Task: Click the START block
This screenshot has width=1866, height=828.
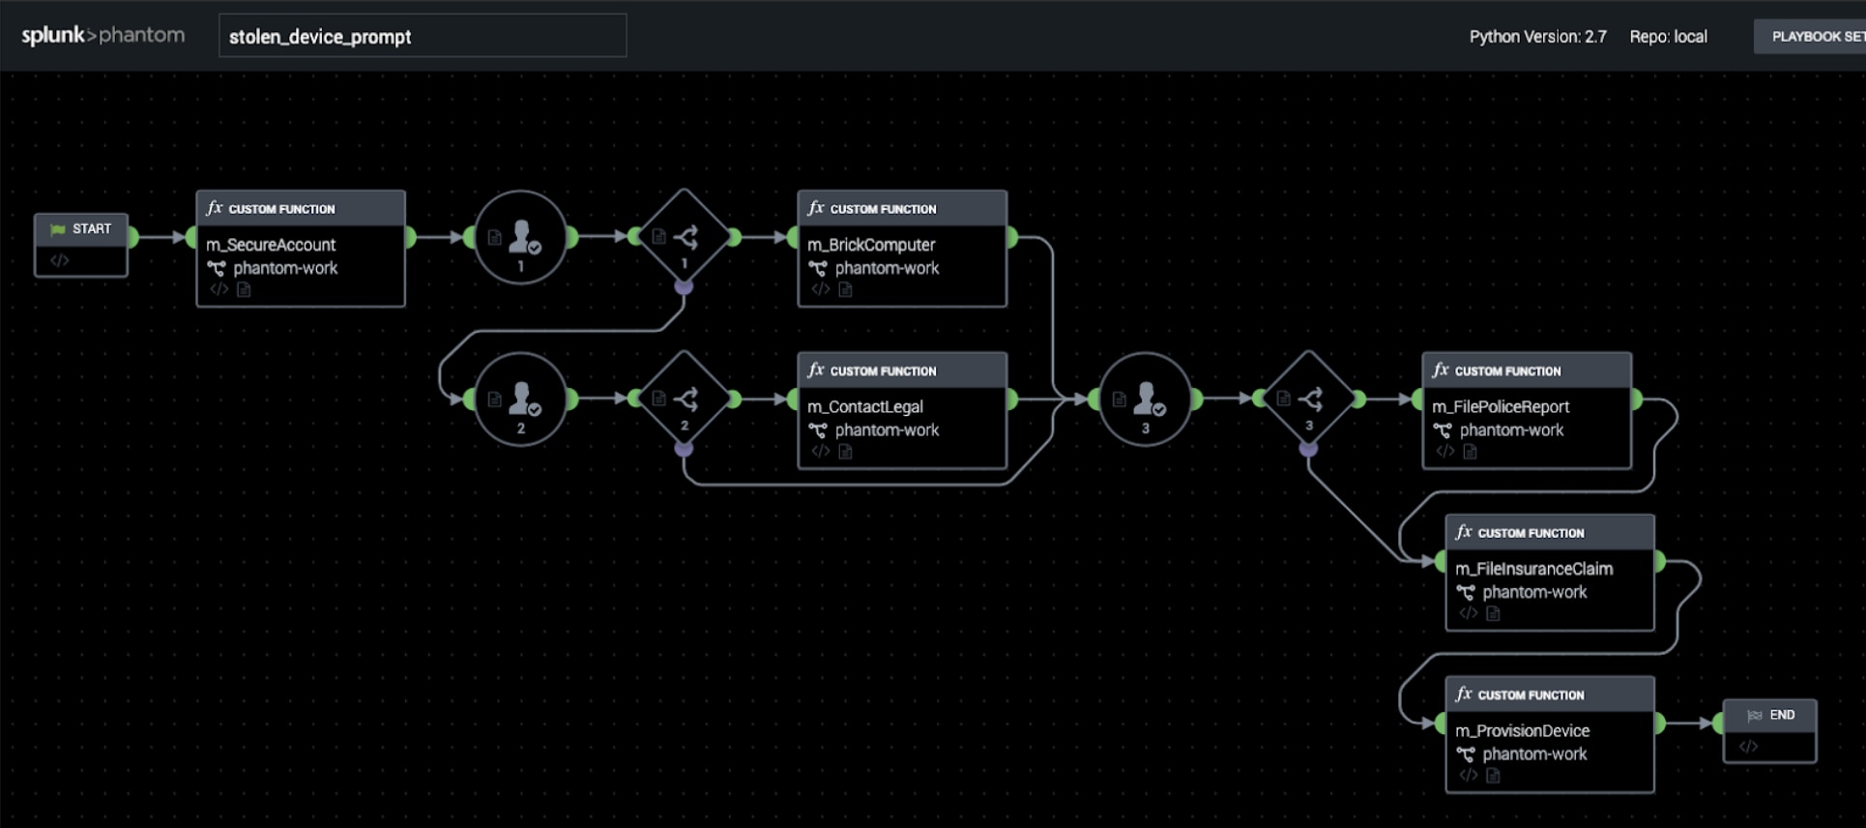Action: click(x=81, y=245)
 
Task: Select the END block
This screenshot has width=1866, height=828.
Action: click(x=1769, y=730)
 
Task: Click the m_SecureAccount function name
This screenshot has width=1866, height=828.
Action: click(x=271, y=245)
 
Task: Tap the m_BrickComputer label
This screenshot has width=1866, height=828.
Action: click(x=871, y=245)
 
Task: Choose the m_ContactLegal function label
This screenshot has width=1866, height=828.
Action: click(x=865, y=407)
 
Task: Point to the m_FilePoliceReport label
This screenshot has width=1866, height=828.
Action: click(x=1501, y=407)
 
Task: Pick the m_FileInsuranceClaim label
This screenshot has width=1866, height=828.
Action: click(x=1534, y=569)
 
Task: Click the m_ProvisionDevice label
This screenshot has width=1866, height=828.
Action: click(x=1523, y=731)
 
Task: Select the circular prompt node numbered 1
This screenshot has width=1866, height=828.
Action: click(x=521, y=237)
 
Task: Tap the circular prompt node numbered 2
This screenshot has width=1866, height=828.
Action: click(x=521, y=399)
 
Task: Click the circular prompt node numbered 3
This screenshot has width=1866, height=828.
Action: click(x=1146, y=399)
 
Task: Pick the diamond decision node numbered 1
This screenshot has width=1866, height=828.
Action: click(x=685, y=237)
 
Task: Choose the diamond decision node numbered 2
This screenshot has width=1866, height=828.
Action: click(x=685, y=399)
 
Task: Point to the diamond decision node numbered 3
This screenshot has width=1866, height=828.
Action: click(x=1309, y=399)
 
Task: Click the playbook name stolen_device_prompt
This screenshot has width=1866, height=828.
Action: click(x=320, y=37)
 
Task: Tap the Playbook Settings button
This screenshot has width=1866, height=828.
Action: click(x=1810, y=37)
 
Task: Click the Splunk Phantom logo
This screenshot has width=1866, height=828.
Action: click(x=102, y=36)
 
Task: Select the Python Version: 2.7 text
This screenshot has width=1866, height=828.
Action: click(x=1537, y=37)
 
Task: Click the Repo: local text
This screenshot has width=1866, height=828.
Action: click(x=1668, y=37)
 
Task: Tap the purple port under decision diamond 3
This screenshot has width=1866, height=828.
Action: click(x=1309, y=449)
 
